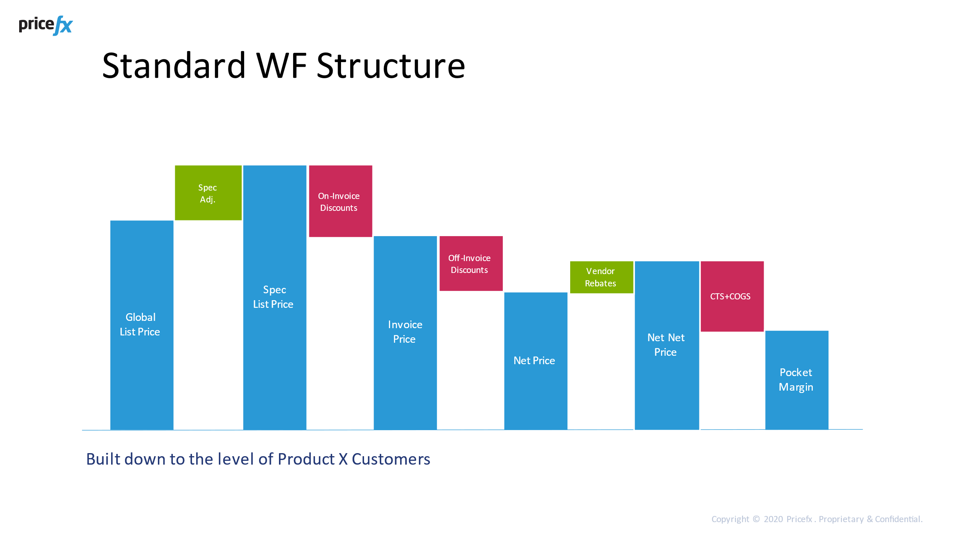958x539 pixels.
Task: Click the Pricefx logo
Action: pyautogui.click(x=46, y=25)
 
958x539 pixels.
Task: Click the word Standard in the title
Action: pyautogui.click(x=174, y=66)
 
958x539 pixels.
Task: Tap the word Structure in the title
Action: pyautogui.click(x=391, y=66)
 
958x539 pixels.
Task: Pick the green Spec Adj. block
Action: pyautogui.click(x=208, y=193)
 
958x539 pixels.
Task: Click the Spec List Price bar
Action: pyautogui.click(x=275, y=297)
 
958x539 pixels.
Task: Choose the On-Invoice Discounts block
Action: pyautogui.click(x=340, y=201)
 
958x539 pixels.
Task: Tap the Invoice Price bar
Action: pyautogui.click(x=405, y=332)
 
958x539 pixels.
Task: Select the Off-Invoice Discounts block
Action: pyautogui.click(x=471, y=264)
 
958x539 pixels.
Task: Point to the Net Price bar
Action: pyautogui.click(x=536, y=360)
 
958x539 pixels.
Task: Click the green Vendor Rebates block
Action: pyautogui.click(x=601, y=277)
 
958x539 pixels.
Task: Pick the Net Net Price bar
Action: pyautogui.click(x=667, y=345)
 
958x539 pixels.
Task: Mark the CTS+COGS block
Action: pyautogui.click(x=732, y=296)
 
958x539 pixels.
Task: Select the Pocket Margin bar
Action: pyautogui.click(x=797, y=380)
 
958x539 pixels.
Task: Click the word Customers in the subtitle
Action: pyautogui.click(x=391, y=459)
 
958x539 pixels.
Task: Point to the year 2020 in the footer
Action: pyautogui.click(x=773, y=519)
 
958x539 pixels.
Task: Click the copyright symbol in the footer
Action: pyautogui.click(x=756, y=519)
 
